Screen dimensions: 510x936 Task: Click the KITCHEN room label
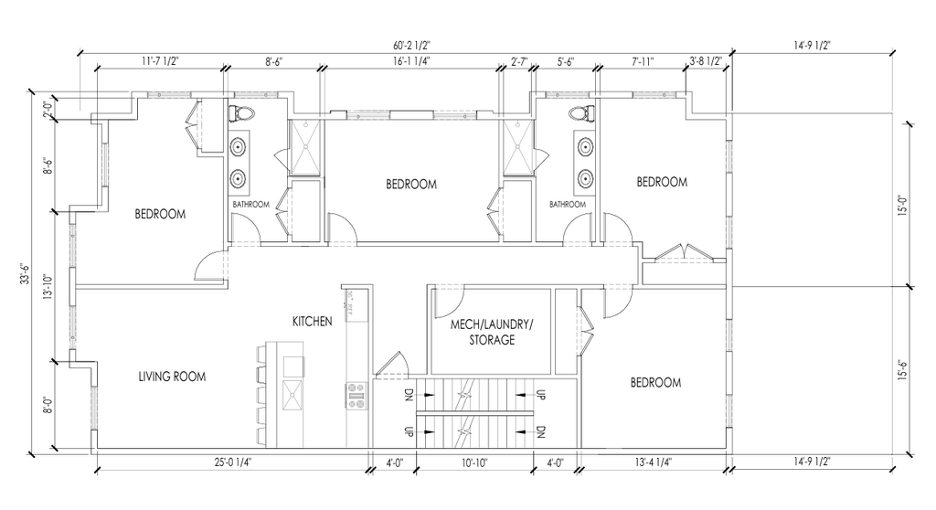pyautogui.click(x=312, y=322)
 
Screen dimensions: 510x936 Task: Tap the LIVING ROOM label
pyautogui.click(x=172, y=377)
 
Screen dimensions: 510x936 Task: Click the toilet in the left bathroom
pyautogui.click(x=241, y=114)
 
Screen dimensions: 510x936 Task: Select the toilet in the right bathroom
pyautogui.click(x=581, y=114)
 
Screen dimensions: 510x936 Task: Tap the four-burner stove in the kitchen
pyautogui.click(x=356, y=394)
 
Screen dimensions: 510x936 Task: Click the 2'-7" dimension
pyautogui.click(x=519, y=61)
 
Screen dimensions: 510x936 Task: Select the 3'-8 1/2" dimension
pyautogui.click(x=706, y=61)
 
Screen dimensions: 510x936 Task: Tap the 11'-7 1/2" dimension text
pyautogui.click(x=160, y=61)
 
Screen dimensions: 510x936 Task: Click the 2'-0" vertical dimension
pyautogui.click(x=48, y=110)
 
